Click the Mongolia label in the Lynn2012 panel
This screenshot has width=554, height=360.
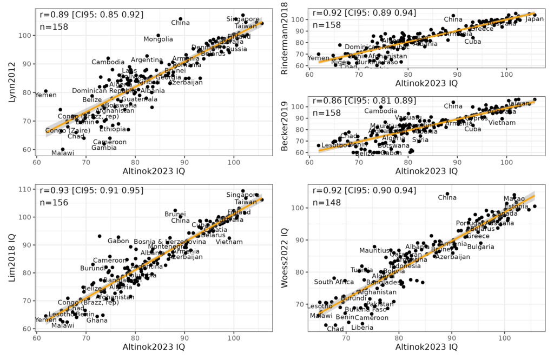pyautogui.click(x=158, y=39)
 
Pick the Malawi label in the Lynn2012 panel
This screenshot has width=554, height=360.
pyautogui.click(x=63, y=154)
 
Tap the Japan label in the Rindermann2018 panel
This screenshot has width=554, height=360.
pyautogui.click(x=535, y=19)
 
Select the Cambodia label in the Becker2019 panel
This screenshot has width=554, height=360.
pyautogui.click(x=381, y=111)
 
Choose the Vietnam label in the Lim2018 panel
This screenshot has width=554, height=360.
pyautogui.click(x=229, y=242)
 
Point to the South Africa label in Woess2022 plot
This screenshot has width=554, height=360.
pyautogui.click(x=334, y=282)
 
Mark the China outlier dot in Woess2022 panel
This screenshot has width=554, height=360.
pyautogui.click(x=447, y=193)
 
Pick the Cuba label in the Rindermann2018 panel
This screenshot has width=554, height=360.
pyautogui.click(x=473, y=42)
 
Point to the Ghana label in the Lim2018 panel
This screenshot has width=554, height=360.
pyautogui.click(x=97, y=320)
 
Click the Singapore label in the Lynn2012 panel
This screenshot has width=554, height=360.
pyautogui.click(x=243, y=19)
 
